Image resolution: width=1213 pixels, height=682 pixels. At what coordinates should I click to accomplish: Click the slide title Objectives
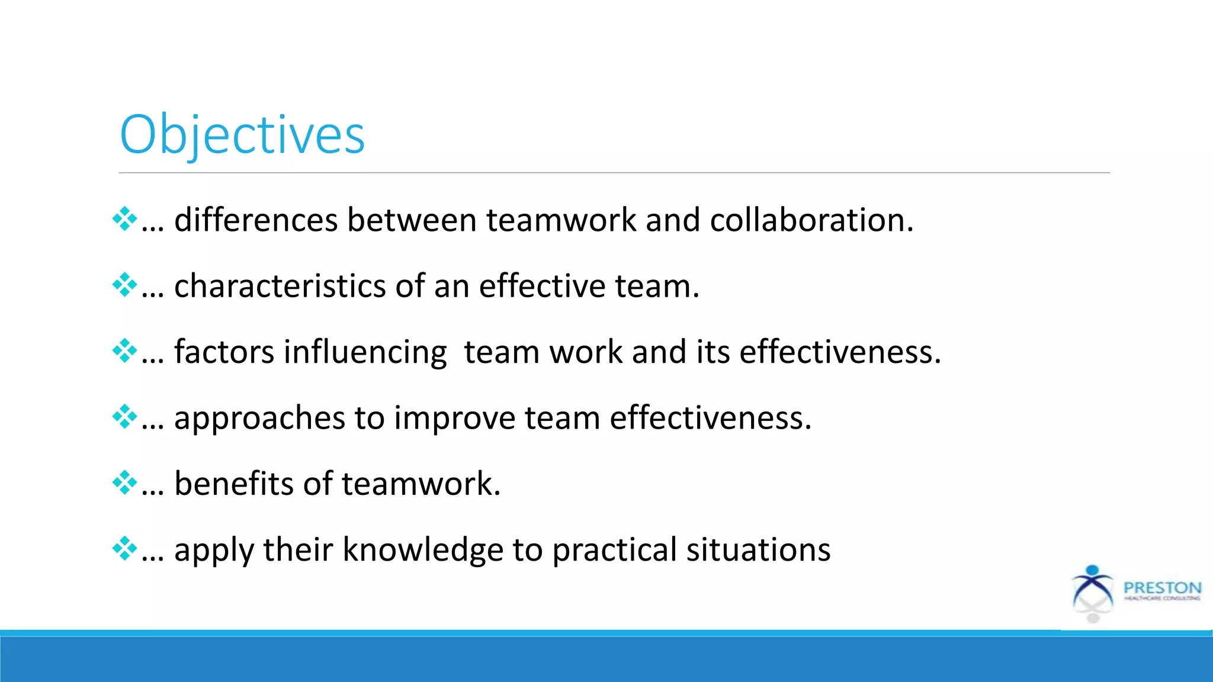pyautogui.click(x=242, y=135)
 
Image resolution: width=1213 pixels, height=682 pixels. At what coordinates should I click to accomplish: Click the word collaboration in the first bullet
pyautogui.click(x=811, y=220)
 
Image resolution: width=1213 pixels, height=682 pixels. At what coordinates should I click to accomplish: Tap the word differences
pyautogui.click(x=255, y=220)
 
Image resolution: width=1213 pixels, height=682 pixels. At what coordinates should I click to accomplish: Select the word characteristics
pyautogui.click(x=280, y=287)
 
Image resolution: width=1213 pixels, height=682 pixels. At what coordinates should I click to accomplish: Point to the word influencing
pyautogui.click(x=365, y=352)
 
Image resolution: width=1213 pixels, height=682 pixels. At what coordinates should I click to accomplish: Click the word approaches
pyautogui.click(x=259, y=418)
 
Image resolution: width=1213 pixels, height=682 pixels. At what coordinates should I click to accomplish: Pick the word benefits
pyautogui.click(x=233, y=484)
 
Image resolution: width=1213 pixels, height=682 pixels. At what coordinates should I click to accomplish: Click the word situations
pyautogui.click(x=758, y=550)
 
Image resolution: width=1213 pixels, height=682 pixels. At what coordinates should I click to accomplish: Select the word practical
pyautogui.click(x=614, y=550)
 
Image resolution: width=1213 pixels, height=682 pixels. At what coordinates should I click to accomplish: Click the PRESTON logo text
pyautogui.click(x=1162, y=588)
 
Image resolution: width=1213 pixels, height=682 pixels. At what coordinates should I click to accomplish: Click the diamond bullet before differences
pyautogui.click(x=124, y=219)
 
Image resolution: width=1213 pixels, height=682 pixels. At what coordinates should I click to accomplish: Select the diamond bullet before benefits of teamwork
pyautogui.click(x=124, y=482)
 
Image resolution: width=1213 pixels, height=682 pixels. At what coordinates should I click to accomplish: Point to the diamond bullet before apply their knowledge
pyautogui.click(x=124, y=548)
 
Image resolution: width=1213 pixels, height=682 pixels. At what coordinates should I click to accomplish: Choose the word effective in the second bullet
pyautogui.click(x=542, y=287)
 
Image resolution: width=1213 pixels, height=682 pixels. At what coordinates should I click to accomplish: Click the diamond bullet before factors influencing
pyautogui.click(x=124, y=351)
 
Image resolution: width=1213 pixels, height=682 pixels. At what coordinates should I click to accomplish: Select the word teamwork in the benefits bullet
pyautogui.click(x=421, y=484)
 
